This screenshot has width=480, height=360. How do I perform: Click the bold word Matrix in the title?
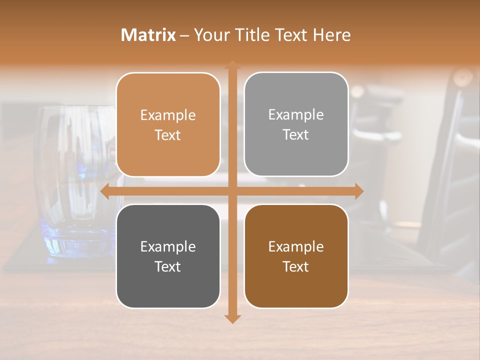[148, 35]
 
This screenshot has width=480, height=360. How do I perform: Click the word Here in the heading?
[331, 35]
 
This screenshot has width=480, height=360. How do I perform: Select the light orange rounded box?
[168, 124]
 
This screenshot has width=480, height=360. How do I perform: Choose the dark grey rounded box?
[168, 256]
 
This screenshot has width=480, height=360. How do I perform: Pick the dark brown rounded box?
[296, 256]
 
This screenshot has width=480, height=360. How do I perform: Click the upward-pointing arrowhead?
[232, 65]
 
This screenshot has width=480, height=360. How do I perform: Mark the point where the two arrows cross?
[232, 191]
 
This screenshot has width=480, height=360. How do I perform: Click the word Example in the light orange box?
[168, 115]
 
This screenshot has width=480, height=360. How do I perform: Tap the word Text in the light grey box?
[296, 134]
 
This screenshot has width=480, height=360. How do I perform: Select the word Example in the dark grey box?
[168, 246]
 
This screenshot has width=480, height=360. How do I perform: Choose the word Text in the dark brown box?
[296, 266]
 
